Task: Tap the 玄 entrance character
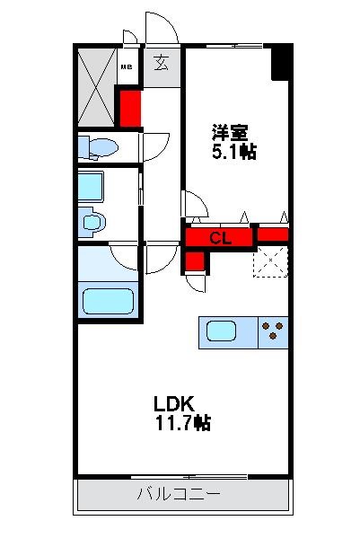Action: [161, 64]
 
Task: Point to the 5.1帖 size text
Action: [233, 152]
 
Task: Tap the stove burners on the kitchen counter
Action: [273, 331]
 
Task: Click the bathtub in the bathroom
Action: [108, 300]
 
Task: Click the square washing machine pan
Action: [92, 186]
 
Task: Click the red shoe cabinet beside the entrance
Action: [130, 106]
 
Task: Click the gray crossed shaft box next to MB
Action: [95, 87]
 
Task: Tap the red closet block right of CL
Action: [272, 236]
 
